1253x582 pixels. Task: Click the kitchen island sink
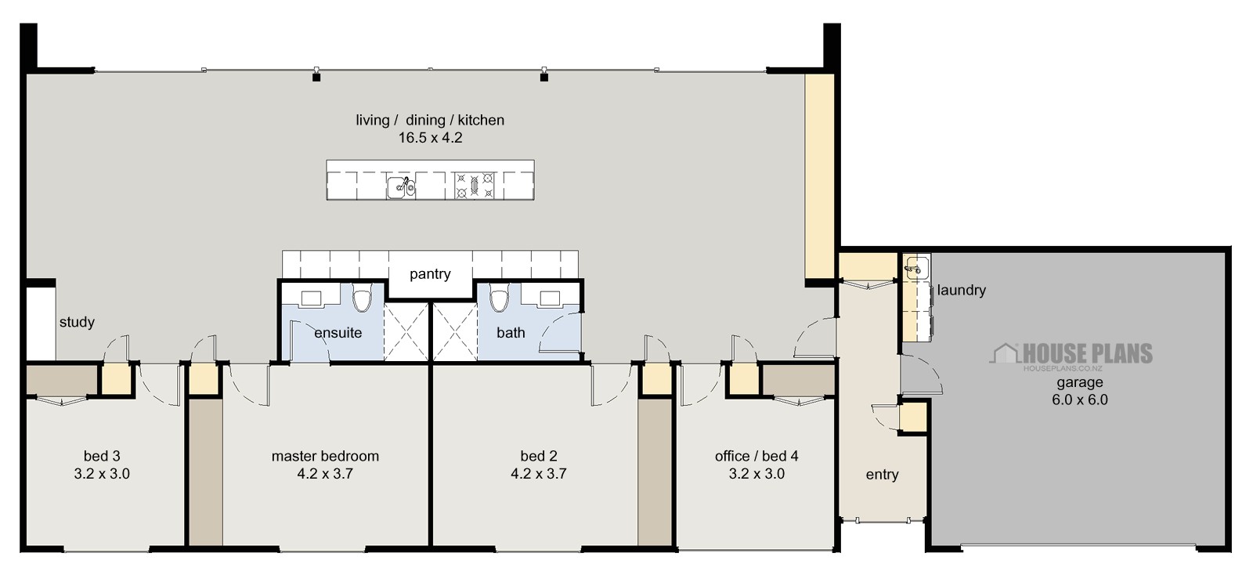(x=400, y=186)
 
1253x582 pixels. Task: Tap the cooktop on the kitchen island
(x=475, y=186)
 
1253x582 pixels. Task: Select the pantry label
(x=430, y=274)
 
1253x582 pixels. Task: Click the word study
(x=77, y=322)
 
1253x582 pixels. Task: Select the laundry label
(x=961, y=290)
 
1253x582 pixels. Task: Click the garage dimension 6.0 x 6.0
(x=1080, y=399)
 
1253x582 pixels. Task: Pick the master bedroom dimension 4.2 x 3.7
(x=325, y=473)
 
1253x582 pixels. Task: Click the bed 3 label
(x=102, y=456)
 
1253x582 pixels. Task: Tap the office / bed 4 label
(x=756, y=456)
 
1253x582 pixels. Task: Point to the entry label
(x=882, y=475)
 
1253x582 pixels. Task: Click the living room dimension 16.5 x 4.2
(x=430, y=138)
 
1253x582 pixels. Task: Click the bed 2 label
(x=539, y=456)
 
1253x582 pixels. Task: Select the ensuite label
(x=338, y=333)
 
